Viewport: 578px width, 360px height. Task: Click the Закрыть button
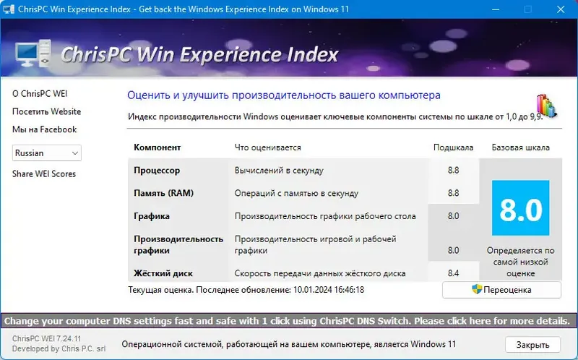pyautogui.click(x=532, y=344)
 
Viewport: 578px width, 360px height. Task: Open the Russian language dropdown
pyautogui.click(x=47, y=153)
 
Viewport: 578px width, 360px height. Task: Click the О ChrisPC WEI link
pyautogui.click(x=40, y=94)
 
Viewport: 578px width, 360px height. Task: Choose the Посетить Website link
pyautogui.click(x=46, y=112)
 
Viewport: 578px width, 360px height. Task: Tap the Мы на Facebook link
pyautogui.click(x=44, y=129)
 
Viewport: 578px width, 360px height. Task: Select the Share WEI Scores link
pyautogui.click(x=44, y=174)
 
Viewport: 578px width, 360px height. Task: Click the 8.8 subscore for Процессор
pyautogui.click(x=453, y=171)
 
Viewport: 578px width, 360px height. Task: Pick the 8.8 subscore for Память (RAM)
pyautogui.click(x=453, y=193)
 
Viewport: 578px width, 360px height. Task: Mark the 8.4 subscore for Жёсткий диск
pyautogui.click(x=453, y=273)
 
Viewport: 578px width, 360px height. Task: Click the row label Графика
pyautogui.click(x=152, y=216)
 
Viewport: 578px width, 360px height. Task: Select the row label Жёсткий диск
pyautogui.click(x=163, y=273)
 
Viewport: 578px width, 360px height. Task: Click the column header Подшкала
pyautogui.click(x=453, y=147)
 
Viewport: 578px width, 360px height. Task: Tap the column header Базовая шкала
pyautogui.click(x=520, y=147)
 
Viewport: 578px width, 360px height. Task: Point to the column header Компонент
pyautogui.click(x=158, y=147)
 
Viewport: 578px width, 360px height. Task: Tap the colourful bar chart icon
pyautogui.click(x=546, y=106)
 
